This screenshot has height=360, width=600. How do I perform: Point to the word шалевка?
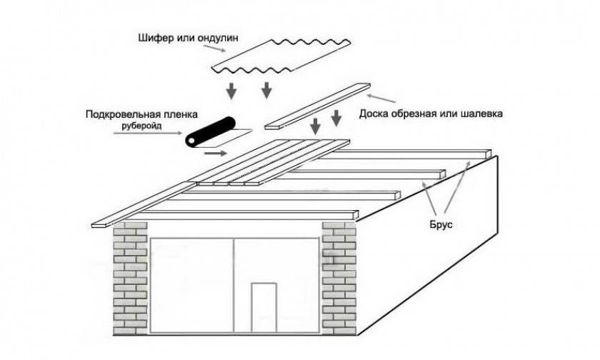click(471, 114)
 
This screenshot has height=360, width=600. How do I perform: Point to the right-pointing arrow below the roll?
click(213, 152)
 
